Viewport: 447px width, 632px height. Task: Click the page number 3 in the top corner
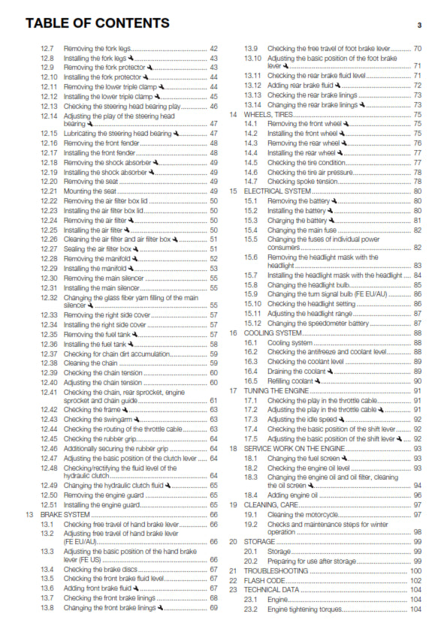[419, 26]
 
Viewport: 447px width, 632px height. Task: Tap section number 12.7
[47, 48]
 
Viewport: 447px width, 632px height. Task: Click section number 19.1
[251, 515]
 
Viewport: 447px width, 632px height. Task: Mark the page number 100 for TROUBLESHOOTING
[415, 571]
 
